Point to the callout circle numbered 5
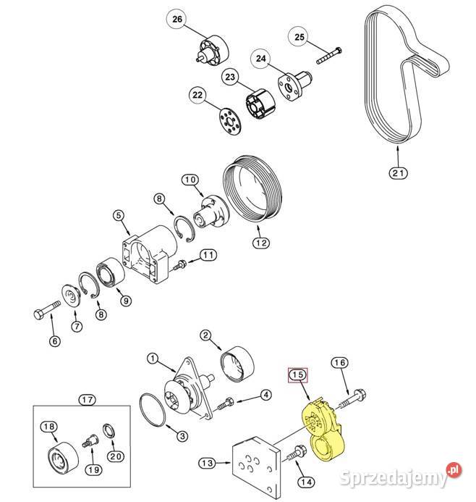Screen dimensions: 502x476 click(x=119, y=216)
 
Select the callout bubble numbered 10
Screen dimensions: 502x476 click(x=190, y=180)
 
